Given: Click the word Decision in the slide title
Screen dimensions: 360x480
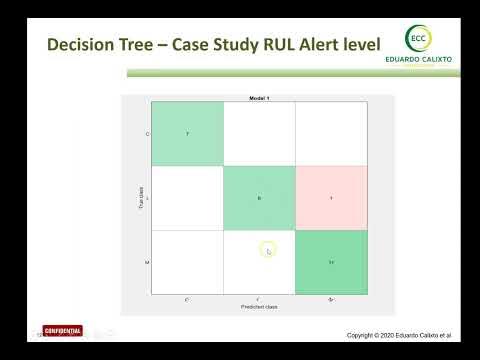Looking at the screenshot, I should click(x=82, y=45).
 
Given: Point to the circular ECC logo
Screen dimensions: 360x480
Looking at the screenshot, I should click(x=418, y=38).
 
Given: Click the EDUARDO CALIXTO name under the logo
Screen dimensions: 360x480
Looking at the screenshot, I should click(x=419, y=60).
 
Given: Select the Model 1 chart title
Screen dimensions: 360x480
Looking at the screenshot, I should click(x=259, y=98).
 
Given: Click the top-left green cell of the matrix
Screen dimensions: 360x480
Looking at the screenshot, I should click(x=186, y=134).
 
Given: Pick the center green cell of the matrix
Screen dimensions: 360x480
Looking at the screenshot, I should click(x=259, y=198).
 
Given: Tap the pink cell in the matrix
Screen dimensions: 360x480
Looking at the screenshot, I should click(x=331, y=198).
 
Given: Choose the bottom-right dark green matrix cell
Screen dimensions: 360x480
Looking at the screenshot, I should click(x=331, y=262).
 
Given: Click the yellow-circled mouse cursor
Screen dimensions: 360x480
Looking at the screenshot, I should click(x=268, y=250).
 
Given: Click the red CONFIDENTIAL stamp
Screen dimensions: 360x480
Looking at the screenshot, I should click(x=62, y=331).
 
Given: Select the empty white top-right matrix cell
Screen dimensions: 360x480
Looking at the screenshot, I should click(x=331, y=134).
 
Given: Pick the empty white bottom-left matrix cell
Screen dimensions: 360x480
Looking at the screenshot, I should click(x=186, y=262).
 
